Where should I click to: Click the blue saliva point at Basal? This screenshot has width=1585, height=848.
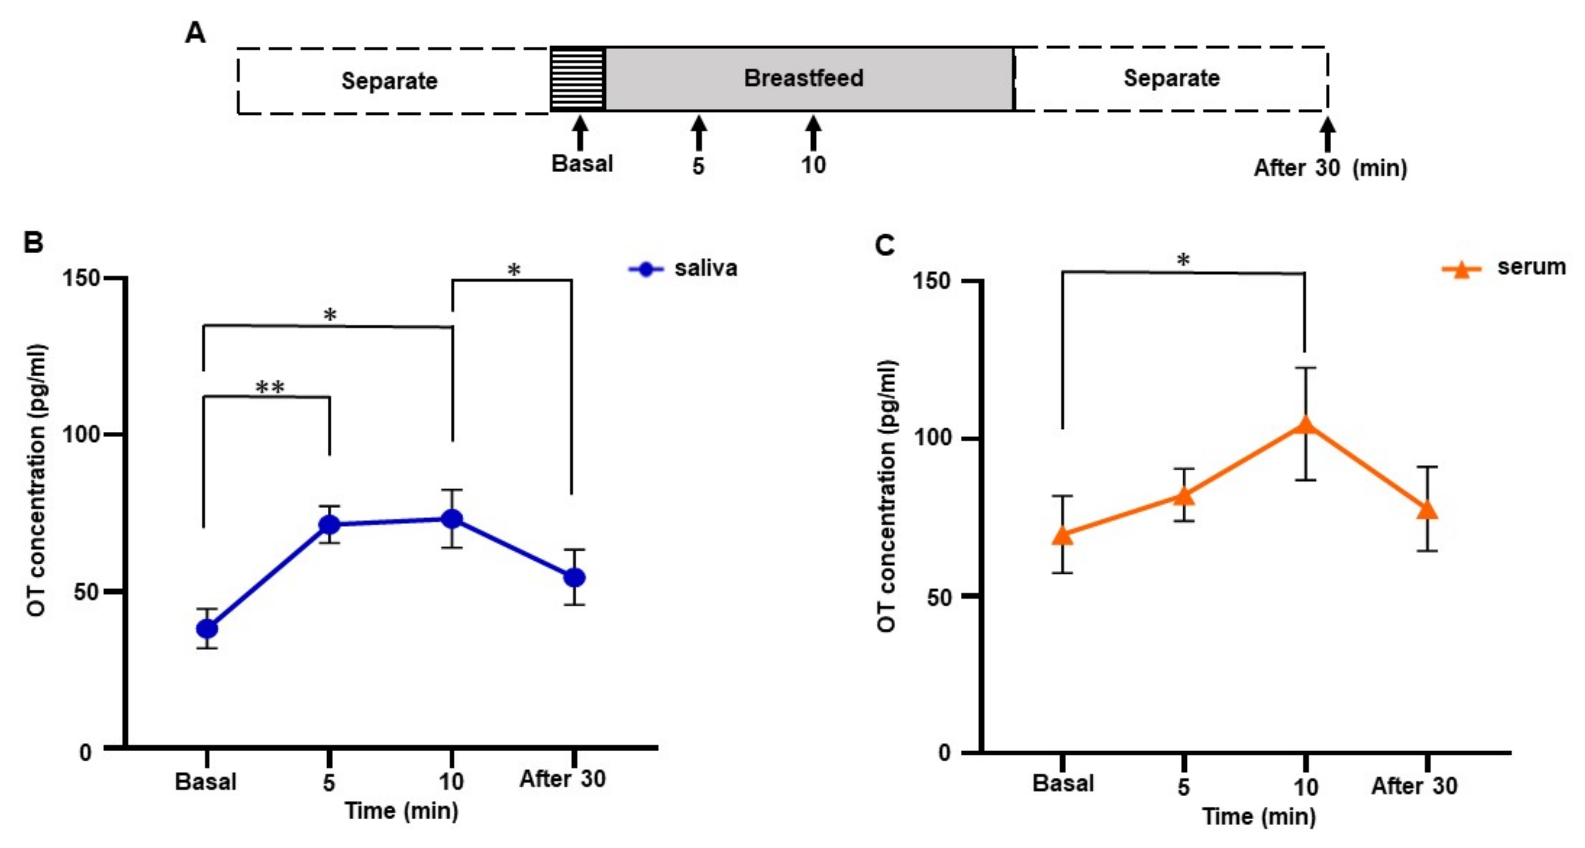207,629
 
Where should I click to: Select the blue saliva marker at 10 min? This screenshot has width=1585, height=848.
452,519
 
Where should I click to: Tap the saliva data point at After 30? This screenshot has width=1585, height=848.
575,578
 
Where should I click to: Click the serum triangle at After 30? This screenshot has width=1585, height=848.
1427,510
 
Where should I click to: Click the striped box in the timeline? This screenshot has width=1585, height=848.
577,79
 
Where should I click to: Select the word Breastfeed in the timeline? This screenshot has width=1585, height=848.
804,78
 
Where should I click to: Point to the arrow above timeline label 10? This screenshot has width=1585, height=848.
813,133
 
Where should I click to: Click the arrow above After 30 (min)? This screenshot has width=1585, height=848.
1328,134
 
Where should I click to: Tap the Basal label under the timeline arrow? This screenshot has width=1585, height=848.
582,164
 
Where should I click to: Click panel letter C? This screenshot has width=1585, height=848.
885,245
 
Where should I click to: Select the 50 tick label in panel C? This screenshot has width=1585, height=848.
938,596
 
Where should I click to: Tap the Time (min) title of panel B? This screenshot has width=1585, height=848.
401,811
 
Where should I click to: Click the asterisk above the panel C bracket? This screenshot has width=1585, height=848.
1182,260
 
